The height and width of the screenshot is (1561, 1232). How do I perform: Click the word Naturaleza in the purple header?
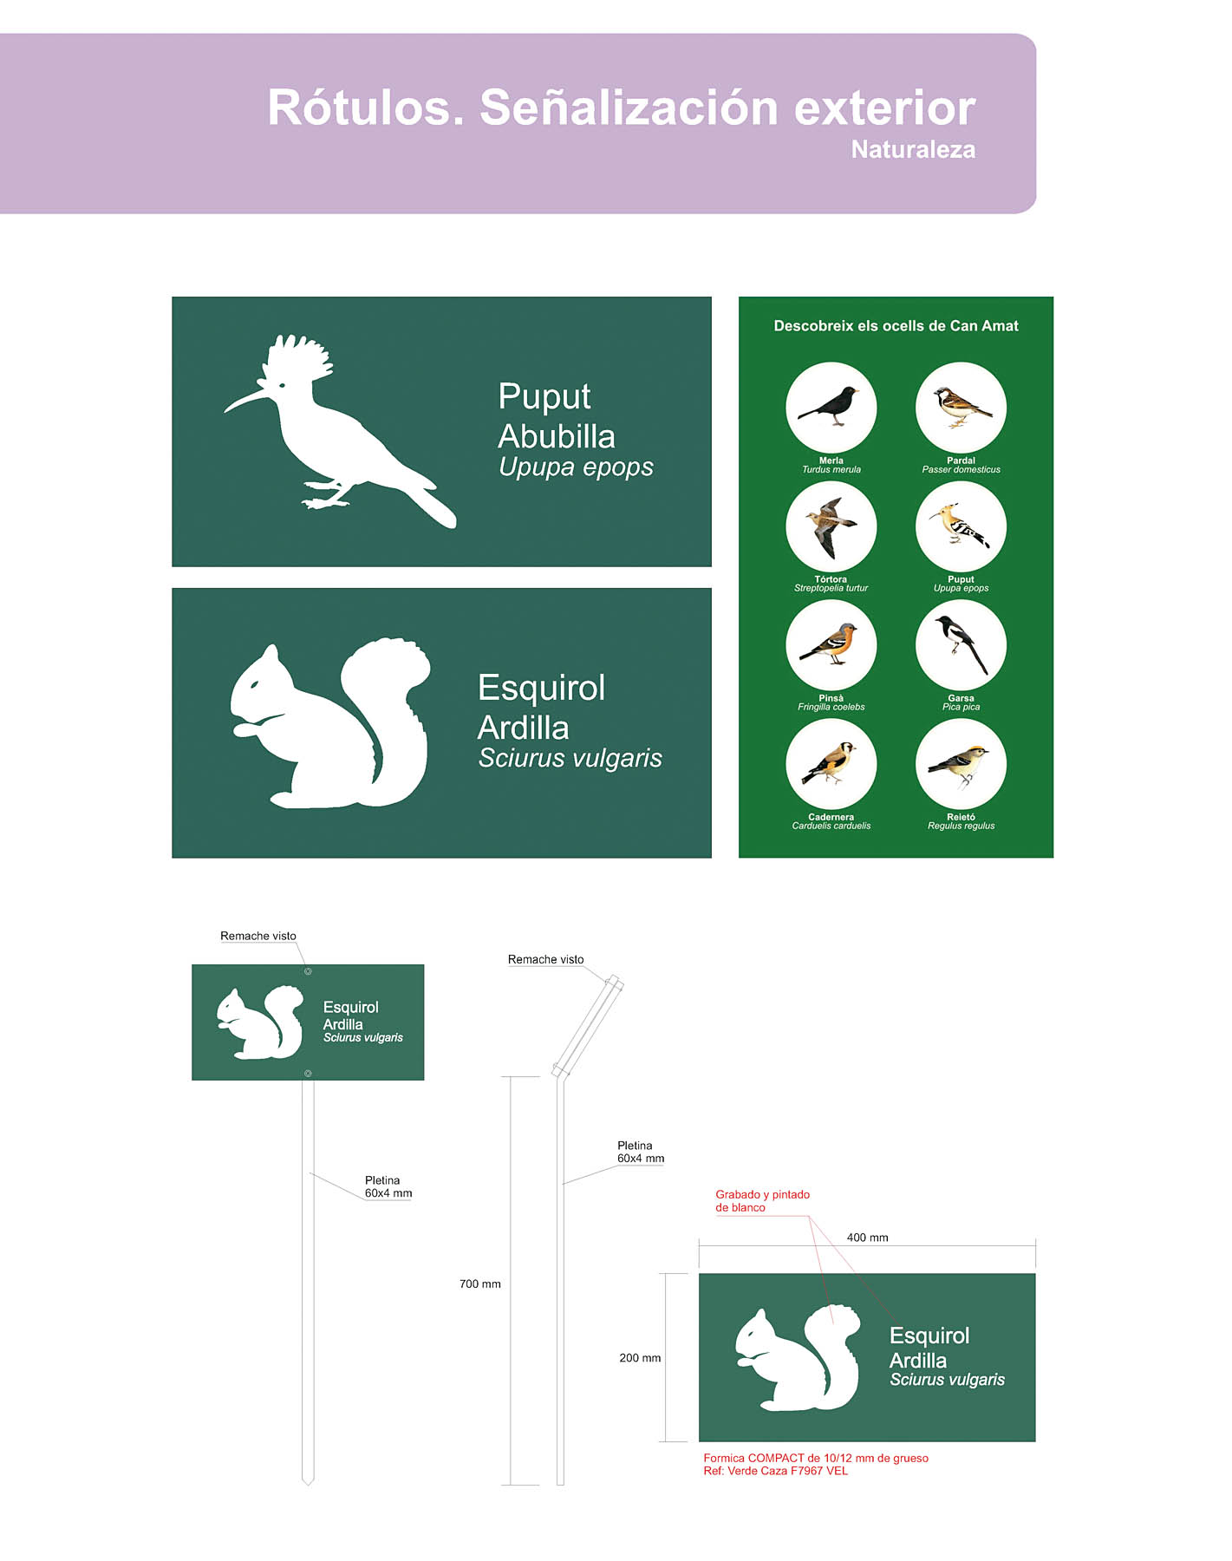click(x=913, y=150)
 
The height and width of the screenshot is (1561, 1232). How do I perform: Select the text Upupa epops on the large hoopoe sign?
click(x=576, y=467)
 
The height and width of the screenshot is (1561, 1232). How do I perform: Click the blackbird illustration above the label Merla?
click(x=831, y=407)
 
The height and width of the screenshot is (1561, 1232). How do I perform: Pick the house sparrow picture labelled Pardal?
click(x=961, y=408)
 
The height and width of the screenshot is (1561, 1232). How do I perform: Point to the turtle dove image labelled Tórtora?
click(x=831, y=526)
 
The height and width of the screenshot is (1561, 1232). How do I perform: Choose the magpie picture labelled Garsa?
click(x=961, y=645)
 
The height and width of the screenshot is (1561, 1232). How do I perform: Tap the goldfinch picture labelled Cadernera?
click(x=831, y=764)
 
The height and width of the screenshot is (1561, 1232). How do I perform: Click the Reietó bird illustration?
click(x=961, y=765)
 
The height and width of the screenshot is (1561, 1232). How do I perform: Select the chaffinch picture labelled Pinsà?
click(x=831, y=645)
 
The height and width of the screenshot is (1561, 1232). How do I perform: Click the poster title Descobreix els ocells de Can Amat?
click(x=896, y=326)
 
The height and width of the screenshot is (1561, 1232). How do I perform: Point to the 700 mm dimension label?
click(x=480, y=1284)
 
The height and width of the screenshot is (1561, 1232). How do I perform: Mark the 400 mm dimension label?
click(x=867, y=1238)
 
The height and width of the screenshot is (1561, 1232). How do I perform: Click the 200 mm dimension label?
click(x=640, y=1358)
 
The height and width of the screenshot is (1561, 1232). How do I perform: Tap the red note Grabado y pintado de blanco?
click(x=762, y=1201)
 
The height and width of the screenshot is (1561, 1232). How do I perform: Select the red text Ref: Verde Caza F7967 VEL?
click(x=775, y=1471)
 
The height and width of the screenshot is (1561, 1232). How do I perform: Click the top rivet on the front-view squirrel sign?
click(x=308, y=971)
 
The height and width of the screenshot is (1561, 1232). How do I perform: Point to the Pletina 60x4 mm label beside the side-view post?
click(x=641, y=1152)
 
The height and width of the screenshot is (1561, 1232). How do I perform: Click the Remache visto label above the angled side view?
click(x=545, y=959)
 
